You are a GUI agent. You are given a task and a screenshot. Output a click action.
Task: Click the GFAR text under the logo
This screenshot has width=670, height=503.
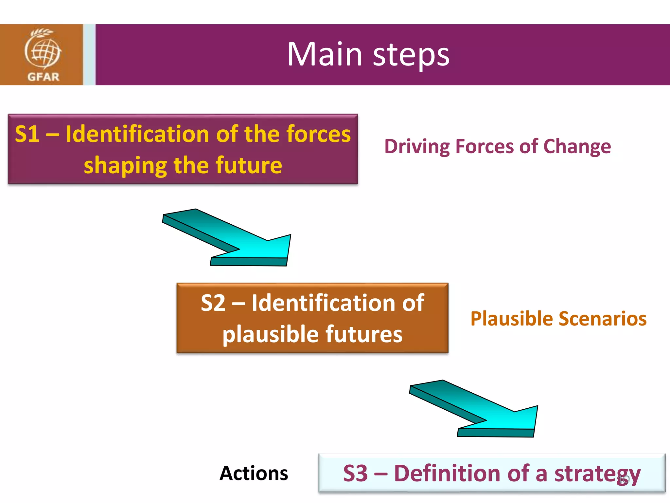(x=43, y=77)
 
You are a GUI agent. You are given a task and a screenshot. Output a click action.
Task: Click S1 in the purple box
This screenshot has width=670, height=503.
(x=27, y=134)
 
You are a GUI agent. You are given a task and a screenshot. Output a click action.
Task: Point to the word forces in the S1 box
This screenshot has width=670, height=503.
(x=318, y=134)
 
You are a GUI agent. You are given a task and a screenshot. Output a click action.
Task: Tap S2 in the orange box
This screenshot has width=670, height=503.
(x=213, y=303)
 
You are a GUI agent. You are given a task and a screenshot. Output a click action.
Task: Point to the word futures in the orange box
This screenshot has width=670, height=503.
(x=363, y=334)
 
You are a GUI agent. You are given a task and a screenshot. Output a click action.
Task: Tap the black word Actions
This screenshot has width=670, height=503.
(x=254, y=474)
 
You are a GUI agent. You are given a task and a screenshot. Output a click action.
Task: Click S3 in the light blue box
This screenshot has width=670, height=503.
(x=355, y=474)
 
